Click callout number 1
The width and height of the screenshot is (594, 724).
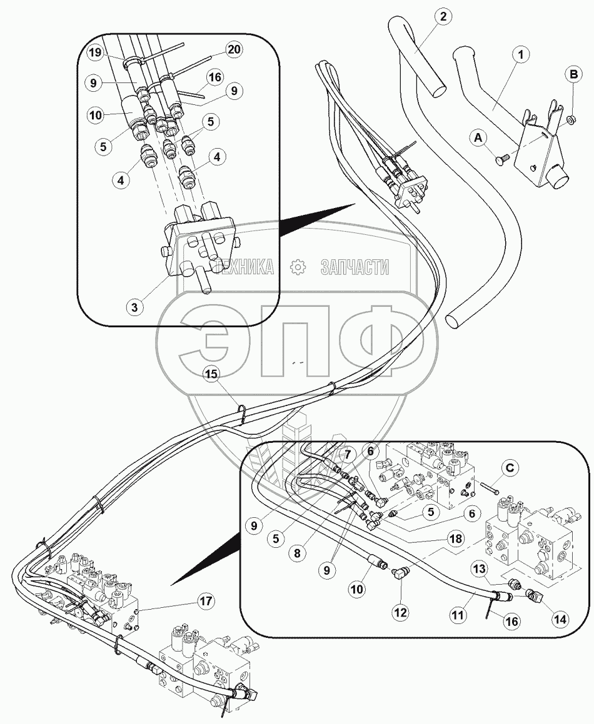pos(520,55)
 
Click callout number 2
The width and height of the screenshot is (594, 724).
pos(443,17)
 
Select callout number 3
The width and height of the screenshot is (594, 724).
pos(134,307)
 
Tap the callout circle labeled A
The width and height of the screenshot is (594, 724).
pos(478,137)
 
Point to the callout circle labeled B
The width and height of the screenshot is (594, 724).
pos(573,74)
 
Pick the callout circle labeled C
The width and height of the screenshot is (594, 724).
pos(510,469)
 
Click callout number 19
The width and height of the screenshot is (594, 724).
pos(95,52)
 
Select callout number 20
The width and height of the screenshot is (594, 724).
pos(234,49)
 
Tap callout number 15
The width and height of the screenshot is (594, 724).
pos(211,374)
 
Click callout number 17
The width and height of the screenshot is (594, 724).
pos(206,601)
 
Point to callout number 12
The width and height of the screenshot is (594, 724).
pos(400,612)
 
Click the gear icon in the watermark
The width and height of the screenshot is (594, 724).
pos(296,266)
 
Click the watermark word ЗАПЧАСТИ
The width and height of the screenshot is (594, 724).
pos(355,267)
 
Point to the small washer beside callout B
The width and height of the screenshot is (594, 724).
pos(572,120)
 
